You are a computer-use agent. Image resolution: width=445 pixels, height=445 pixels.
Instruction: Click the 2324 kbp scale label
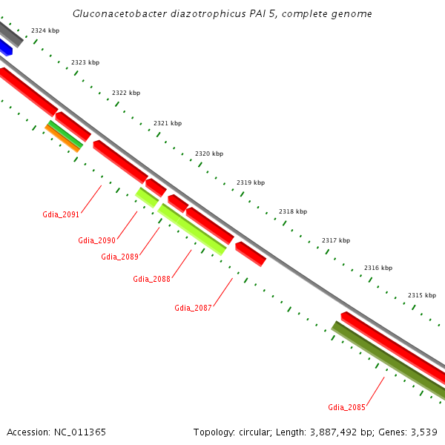pos(45,30)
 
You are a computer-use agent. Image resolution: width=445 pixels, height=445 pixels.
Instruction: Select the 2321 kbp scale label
pos(167,123)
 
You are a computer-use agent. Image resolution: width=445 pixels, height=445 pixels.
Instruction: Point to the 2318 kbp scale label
pos(292,211)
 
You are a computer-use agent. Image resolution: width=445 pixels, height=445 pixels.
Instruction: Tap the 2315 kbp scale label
pos(421,295)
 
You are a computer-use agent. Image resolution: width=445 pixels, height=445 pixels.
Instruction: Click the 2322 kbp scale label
pos(125,93)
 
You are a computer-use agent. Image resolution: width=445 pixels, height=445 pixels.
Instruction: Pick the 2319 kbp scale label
pos(250,182)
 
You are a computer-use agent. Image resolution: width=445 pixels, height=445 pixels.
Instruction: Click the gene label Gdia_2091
pos(61,215)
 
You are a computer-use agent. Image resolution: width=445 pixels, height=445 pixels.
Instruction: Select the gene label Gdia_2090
pos(96,240)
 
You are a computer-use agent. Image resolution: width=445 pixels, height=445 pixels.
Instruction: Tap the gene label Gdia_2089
pos(119,257)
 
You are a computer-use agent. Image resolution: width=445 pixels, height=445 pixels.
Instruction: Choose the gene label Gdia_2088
pos(151,279)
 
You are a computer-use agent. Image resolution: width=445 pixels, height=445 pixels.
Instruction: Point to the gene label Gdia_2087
pos(193,308)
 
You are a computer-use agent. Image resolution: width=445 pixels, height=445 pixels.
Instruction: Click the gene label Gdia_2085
pos(346,407)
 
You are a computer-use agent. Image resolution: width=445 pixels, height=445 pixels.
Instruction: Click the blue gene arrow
pos(5,47)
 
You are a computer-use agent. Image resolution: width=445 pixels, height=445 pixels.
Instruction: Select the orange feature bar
pos(62,139)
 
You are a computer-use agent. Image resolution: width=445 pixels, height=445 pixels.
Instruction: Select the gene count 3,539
pos(424,432)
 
